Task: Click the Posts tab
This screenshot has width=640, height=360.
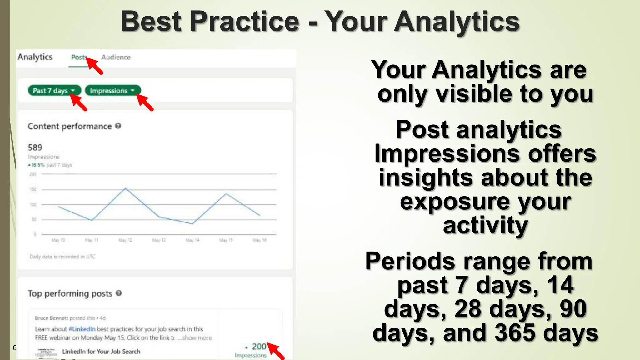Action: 78,57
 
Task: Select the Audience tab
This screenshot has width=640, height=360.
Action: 116,57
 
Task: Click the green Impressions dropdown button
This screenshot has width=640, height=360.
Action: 112,91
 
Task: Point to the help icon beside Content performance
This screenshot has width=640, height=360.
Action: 118,126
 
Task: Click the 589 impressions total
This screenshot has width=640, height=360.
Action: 35,147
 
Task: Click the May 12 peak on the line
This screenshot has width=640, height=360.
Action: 125,188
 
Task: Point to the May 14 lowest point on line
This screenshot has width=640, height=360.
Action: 192,223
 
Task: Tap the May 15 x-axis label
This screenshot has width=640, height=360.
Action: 226,240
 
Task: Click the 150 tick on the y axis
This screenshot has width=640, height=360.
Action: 33,189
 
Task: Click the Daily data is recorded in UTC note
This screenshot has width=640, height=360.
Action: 62,257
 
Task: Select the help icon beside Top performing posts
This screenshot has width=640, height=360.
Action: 119,293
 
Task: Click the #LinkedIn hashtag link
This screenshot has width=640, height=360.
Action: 82,329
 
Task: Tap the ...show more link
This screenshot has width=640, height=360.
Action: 195,338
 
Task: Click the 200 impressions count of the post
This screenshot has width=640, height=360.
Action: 259,347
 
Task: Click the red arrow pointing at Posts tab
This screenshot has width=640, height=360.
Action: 95,66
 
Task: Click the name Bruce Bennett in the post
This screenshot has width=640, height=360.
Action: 51,318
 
